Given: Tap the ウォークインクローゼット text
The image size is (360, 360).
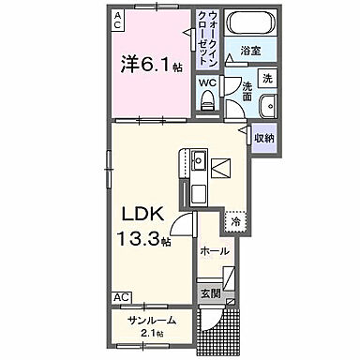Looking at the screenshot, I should (x=206, y=38).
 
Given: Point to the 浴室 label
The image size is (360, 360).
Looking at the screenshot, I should (x=248, y=51).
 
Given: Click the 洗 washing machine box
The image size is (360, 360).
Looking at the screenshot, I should (x=267, y=78).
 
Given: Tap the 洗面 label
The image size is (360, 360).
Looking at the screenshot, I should (x=247, y=90).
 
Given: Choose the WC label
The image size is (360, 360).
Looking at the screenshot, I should (x=206, y=82).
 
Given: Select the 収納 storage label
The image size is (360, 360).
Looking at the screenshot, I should (x=264, y=138).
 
